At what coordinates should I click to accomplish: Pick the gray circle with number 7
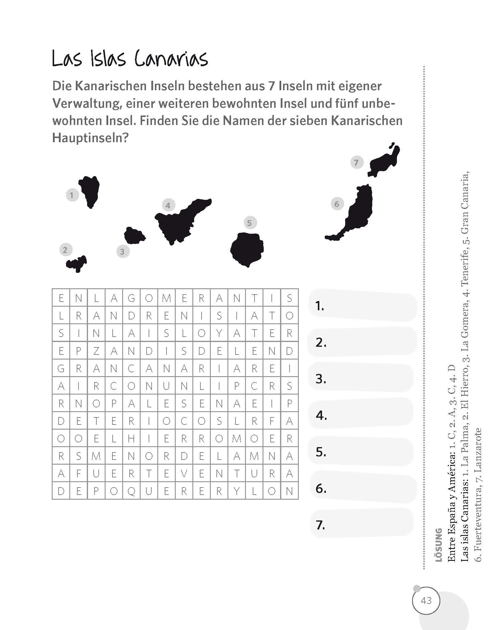356,162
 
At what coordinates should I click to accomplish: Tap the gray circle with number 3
122,251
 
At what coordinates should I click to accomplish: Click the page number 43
426,601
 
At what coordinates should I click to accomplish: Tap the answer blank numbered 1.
363,305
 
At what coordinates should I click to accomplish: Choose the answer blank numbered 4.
361,415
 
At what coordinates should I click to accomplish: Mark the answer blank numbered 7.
361,525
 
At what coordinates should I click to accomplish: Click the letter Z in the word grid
96,351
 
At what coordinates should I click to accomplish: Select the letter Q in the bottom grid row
131,491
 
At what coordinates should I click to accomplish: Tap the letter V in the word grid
184,474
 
